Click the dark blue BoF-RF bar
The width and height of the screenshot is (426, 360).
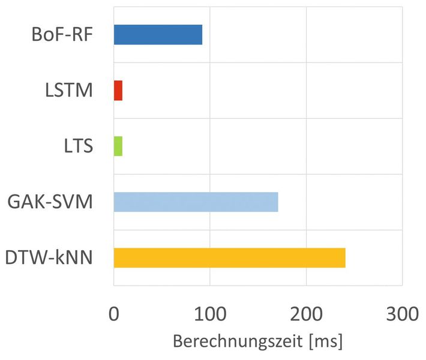click(158, 35)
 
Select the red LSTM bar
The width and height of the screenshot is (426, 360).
click(118, 91)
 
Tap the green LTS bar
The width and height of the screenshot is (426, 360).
click(118, 146)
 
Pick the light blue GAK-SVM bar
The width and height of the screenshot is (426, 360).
click(196, 202)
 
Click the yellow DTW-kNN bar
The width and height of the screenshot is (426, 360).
click(229, 258)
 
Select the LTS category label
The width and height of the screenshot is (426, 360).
click(77, 146)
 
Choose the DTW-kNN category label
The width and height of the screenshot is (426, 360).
click(49, 258)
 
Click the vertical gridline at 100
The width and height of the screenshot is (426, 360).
click(210, 120)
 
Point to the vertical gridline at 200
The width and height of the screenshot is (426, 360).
click(306, 120)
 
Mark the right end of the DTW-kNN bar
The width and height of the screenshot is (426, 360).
click(345, 258)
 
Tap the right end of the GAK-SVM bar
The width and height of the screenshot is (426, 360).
click(278, 202)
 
